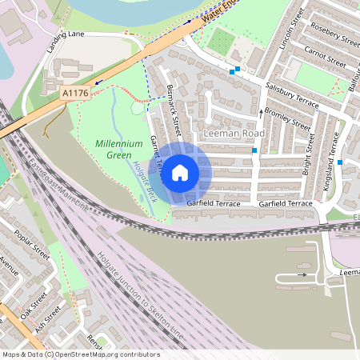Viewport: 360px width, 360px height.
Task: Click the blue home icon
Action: (x=180, y=172)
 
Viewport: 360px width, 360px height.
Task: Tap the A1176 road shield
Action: (x=74, y=94)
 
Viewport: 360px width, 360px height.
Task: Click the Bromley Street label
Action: (x=287, y=118)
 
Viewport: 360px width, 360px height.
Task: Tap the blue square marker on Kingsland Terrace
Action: (x=340, y=162)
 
